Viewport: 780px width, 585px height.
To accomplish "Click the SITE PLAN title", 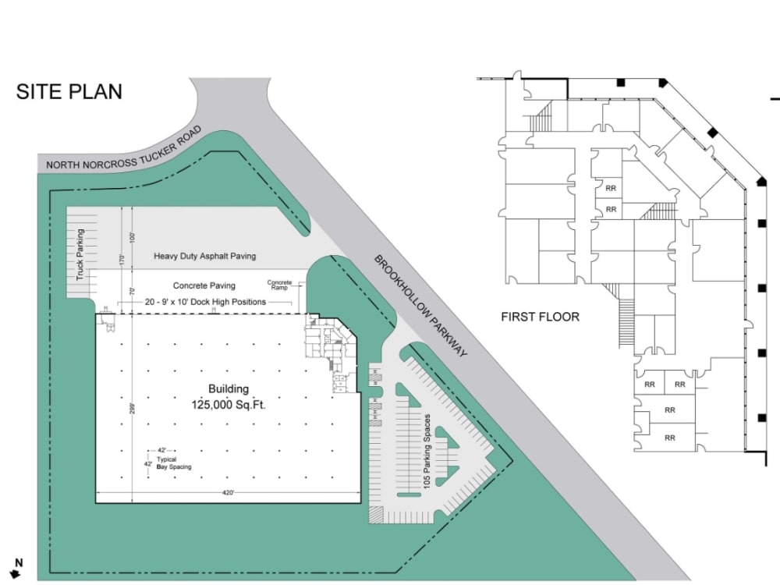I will click(69, 91).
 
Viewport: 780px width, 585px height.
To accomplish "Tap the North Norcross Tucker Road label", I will click(124, 148).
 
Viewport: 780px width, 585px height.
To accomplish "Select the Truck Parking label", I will click(80, 254).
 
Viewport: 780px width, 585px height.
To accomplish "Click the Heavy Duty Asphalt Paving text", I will click(204, 256).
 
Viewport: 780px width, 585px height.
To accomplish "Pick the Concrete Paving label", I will click(204, 285).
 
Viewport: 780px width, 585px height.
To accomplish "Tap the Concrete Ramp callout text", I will click(279, 285).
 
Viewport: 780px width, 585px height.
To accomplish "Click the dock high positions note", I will click(204, 301).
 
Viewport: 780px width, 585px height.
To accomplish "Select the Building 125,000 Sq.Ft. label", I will click(228, 396).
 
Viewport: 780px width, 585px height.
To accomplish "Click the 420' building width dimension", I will click(228, 492).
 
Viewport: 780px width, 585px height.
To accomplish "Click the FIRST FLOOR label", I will click(540, 317).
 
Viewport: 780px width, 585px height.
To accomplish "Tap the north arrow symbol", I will click(17, 573).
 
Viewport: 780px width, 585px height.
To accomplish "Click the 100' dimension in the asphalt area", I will click(133, 236).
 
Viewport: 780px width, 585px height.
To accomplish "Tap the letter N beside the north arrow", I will click(19, 562).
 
